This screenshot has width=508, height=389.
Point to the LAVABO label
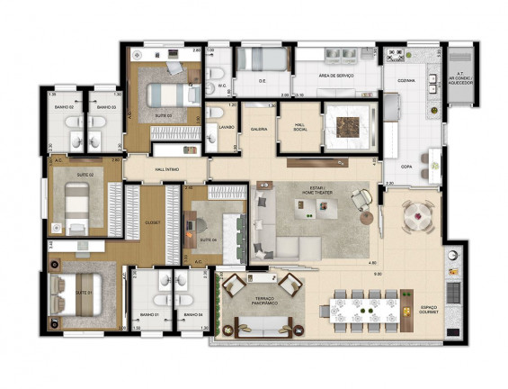[226, 127]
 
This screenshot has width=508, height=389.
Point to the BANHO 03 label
[104, 107]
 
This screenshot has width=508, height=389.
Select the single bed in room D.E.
[264, 59]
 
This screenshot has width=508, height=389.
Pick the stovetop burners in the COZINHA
[396, 55]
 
